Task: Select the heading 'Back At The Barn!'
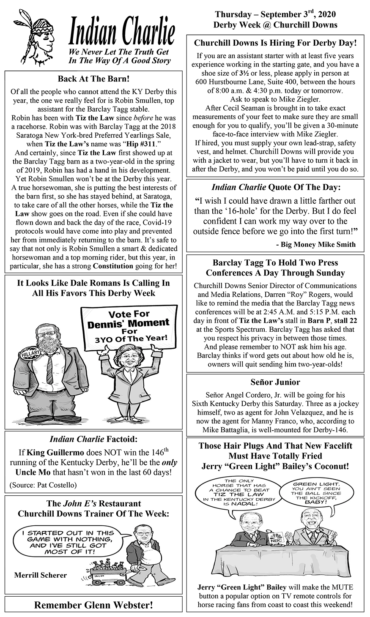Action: pyautogui.click(x=93, y=79)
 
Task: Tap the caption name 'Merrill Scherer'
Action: pyautogui.click(x=41, y=575)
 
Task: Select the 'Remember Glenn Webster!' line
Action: pyautogui.click(x=93, y=605)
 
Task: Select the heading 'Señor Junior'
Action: pyautogui.click(x=275, y=382)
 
